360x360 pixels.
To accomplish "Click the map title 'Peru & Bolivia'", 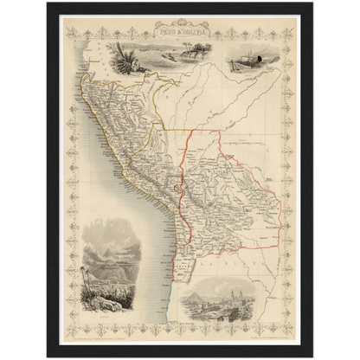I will pyautogui.click(x=179, y=29).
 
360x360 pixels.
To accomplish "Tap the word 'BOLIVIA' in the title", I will pyautogui.click(x=191, y=29).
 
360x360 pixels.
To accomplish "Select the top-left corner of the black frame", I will pyautogui.click(x=48, y=3).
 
